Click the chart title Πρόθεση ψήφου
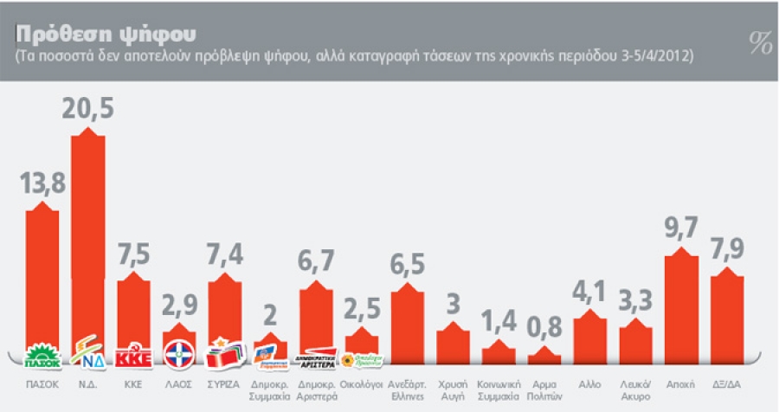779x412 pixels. click(104, 32)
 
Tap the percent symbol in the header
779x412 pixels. click(760, 43)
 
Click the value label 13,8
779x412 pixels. click(42, 185)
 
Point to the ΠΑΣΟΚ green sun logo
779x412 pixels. click(42, 355)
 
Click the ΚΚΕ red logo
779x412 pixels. click(133, 355)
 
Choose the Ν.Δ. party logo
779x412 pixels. click(87, 355)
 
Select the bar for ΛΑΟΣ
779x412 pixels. click(179, 338)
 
